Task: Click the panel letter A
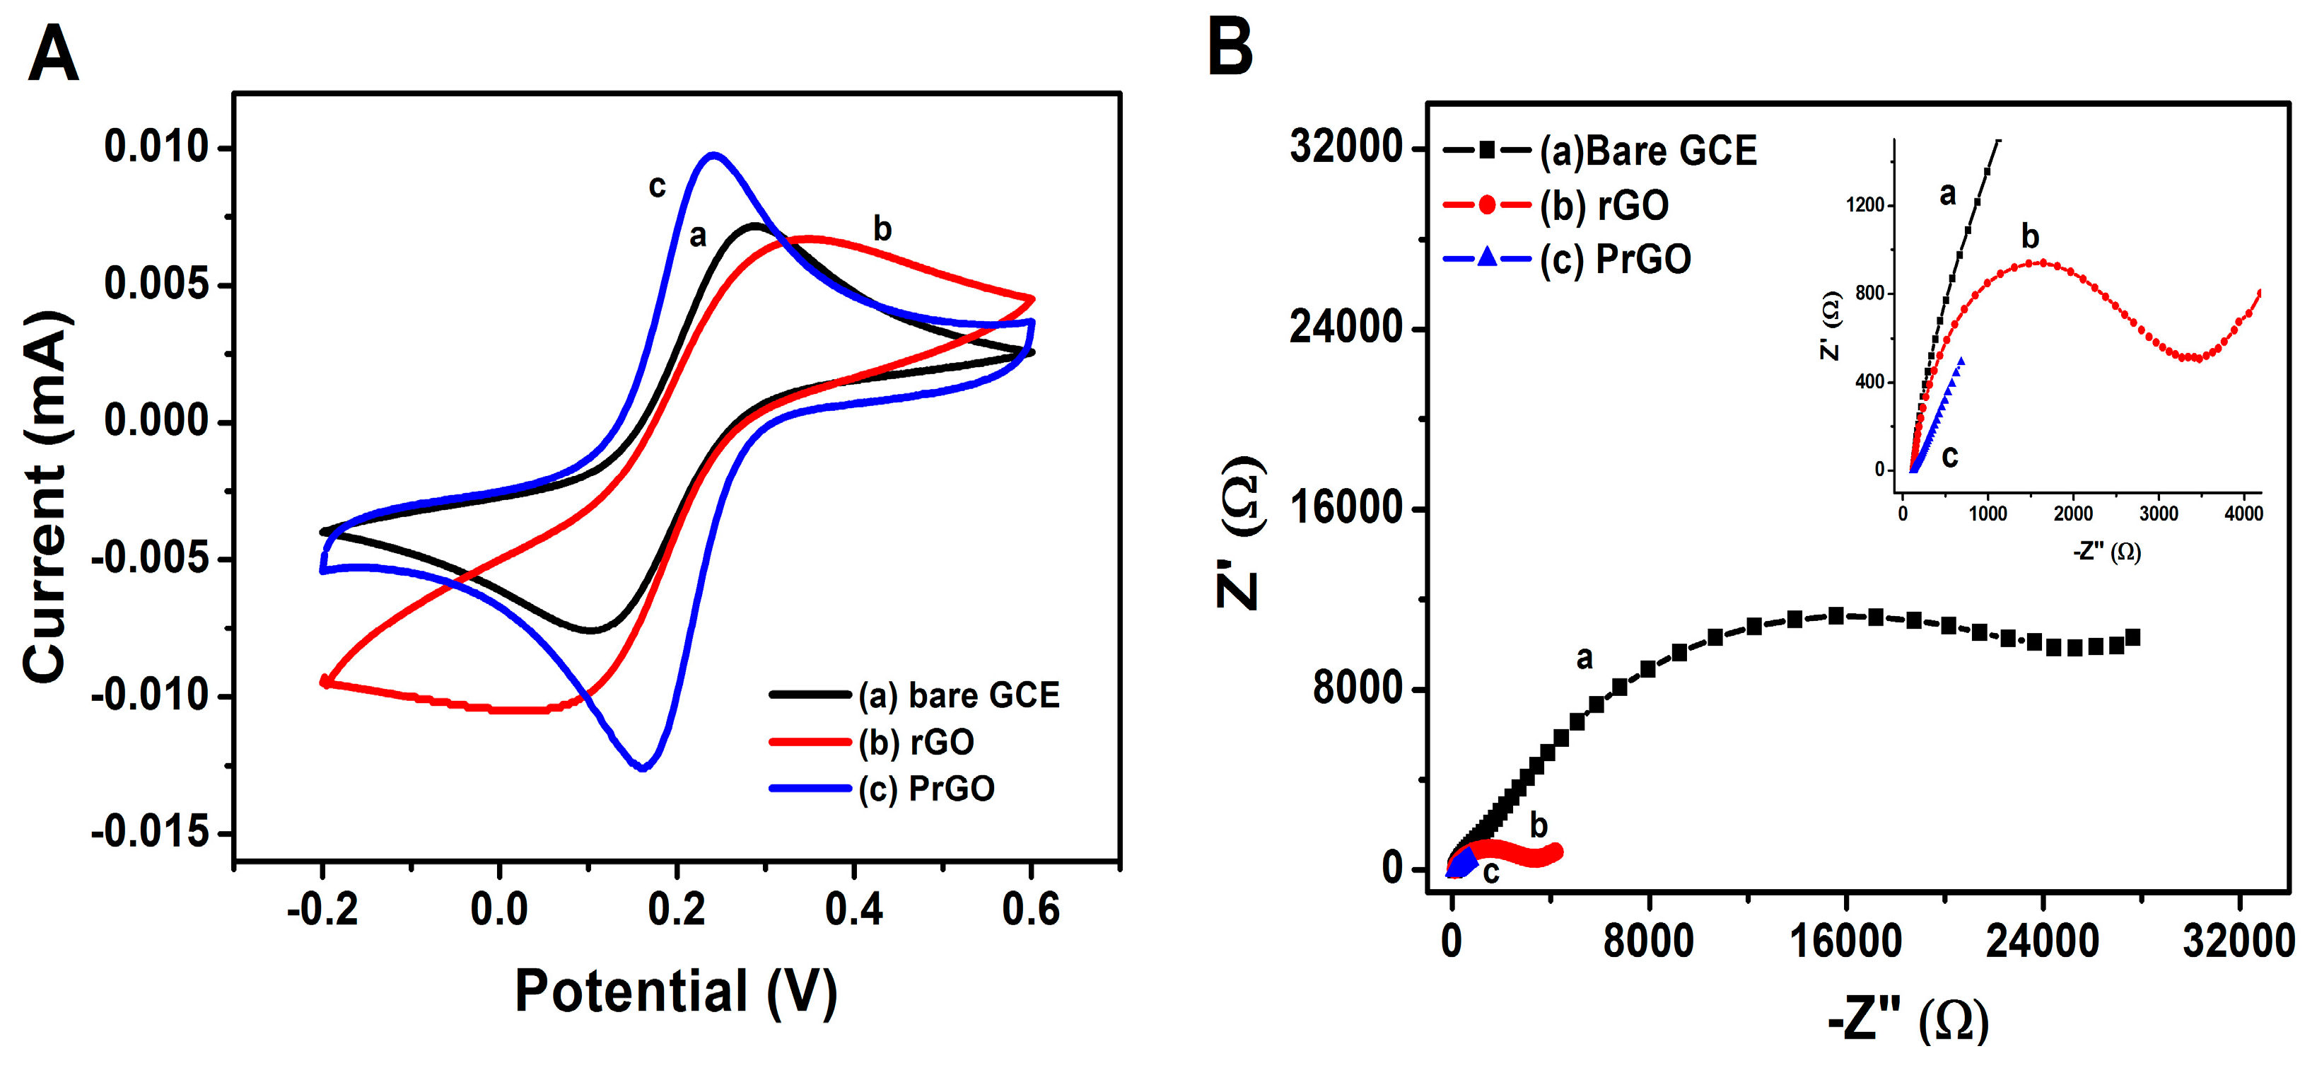pos(53,54)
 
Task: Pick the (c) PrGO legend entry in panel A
pos(926,789)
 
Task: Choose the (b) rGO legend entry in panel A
pos(916,742)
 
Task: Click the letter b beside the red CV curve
pos(882,229)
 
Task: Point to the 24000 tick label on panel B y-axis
pos(1346,327)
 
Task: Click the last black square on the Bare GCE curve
pos(2132,638)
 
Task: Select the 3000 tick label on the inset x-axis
pos(2159,513)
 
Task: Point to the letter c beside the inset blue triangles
pos(1950,457)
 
